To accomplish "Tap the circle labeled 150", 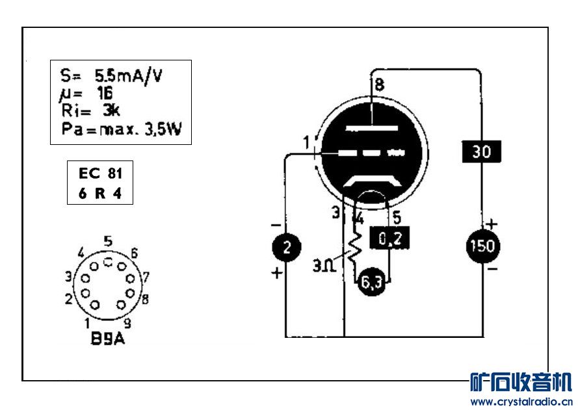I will click(x=482, y=246).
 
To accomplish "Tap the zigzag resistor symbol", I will click(x=354, y=247).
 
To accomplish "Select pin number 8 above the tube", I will click(x=378, y=84).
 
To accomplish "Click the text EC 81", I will click(x=99, y=173).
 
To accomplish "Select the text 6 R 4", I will click(x=99, y=194).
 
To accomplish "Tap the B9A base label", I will click(x=108, y=339).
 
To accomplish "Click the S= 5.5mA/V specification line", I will click(x=108, y=75).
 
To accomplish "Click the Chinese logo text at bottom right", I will click(x=520, y=381).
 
